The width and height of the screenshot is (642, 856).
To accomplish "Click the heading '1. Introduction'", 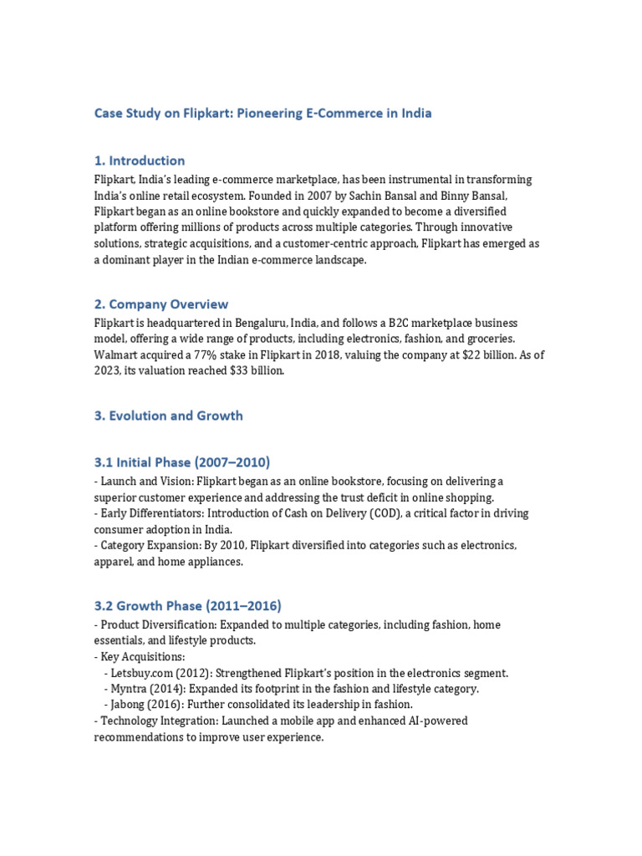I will (x=139, y=160).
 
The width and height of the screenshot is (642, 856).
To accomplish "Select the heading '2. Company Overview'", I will (x=160, y=304).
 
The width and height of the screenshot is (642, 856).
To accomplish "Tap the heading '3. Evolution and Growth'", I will (x=168, y=415).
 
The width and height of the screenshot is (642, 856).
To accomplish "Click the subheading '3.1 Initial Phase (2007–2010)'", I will (x=181, y=462).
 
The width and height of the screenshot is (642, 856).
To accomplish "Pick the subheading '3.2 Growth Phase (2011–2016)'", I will (x=187, y=605).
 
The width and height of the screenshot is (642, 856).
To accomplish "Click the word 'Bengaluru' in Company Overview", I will (x=256, y=324).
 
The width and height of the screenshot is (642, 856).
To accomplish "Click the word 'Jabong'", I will (x=131, y=705).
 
